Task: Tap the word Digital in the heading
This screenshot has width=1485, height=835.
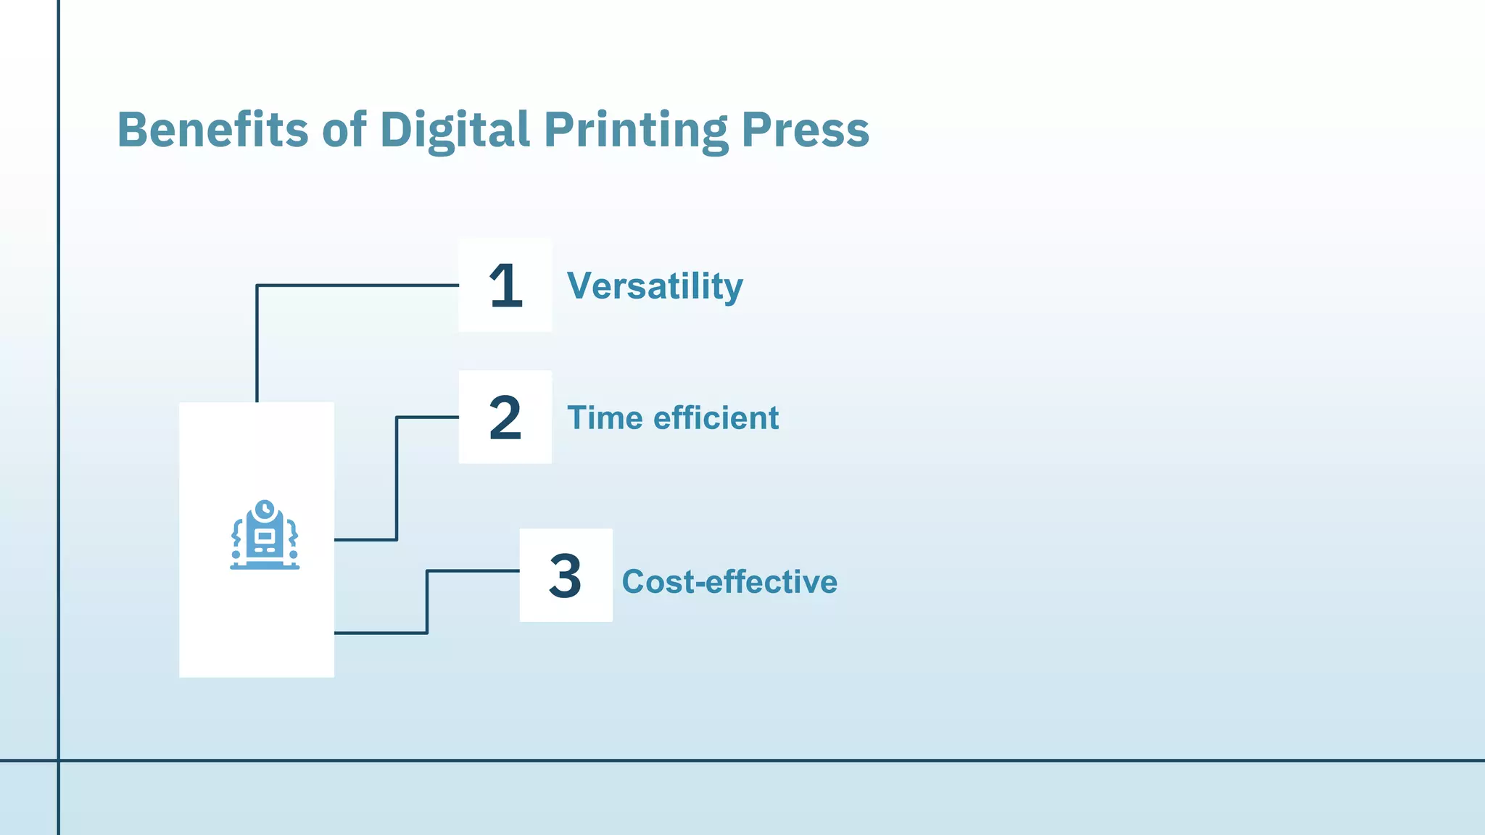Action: (455, 131)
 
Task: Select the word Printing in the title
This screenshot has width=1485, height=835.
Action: (636, 131)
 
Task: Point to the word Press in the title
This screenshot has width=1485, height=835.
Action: (805, 130)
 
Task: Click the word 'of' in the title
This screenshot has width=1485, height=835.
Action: (344, 130)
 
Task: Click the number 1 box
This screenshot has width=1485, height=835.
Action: (505, 285)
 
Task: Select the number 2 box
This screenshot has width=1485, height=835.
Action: (505, 417)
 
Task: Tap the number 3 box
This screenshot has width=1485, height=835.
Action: (566, 575)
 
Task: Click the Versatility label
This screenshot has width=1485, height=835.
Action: (655, 286)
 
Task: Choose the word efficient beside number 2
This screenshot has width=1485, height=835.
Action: (716, 418)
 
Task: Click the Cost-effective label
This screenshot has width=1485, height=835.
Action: (729, 581)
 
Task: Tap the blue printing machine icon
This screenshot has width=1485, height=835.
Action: (265, 536)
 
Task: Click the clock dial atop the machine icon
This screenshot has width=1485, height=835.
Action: (265, 509)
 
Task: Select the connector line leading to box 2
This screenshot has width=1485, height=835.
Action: (397, 478)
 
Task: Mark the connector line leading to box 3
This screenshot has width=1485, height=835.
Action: (427, 602)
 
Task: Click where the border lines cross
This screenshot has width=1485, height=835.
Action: (58, 760)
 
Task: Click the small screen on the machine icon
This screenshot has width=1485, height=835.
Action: (265, 536)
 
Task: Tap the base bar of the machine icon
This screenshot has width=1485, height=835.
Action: (265, 567)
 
